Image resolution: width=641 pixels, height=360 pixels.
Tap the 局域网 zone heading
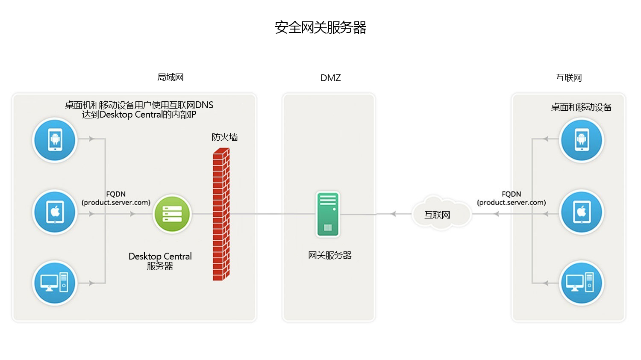[x=171, y=77]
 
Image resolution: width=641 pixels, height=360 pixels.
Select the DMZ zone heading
[x=330, y=78]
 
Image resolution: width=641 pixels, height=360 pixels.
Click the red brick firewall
[x=221, y=214]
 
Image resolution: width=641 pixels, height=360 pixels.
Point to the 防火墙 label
[x=224, y=137]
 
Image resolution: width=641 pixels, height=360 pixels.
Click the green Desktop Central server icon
[x=172, y=214]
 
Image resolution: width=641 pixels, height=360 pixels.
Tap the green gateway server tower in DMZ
[x=328, y=214]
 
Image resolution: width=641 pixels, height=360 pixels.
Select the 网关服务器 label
[x=329, y=255]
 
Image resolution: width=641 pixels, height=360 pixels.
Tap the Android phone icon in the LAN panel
[x=55, y=140]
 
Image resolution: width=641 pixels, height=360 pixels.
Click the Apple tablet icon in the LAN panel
[x=55, y=212]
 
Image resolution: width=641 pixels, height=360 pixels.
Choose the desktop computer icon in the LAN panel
[x=55, y=283]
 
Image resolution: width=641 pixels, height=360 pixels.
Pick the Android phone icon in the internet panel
[x=581, y=140]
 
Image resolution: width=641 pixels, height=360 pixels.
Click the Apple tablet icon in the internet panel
[x=581, y=212]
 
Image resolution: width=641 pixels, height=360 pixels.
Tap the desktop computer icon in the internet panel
[x=581, y=283]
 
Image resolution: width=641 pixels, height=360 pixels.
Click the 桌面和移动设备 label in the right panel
[x=581, y=107]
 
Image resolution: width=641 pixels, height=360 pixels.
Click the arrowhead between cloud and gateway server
[x=393, y=214]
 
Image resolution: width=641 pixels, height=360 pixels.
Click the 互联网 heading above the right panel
[x=569, y=78]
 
